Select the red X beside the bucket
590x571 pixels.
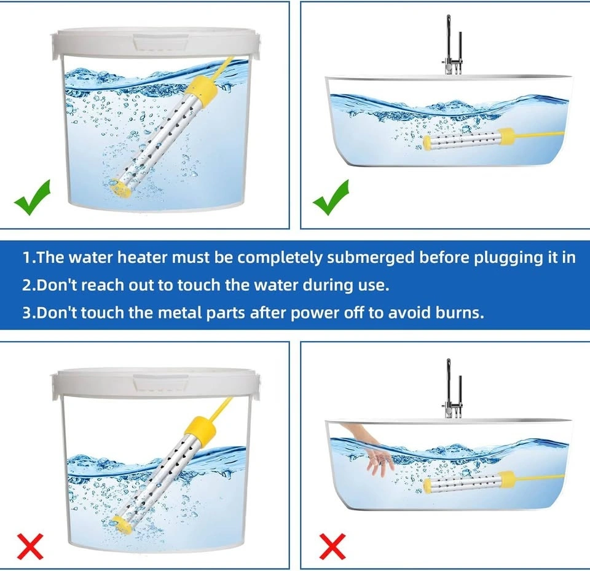pyautogui.click(x=30, y=546)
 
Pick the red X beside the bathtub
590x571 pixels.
pyautogui.click(x=332, y=546)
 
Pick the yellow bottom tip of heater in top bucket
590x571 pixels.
pyautogui.click(x=120, y=188)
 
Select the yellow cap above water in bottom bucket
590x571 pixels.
pyautogui.click(x=203, y=430)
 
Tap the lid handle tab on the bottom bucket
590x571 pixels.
pyautogui.click(x=161, y=384)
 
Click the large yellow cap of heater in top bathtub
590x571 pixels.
pyautogui.click(x=506, y=138)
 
